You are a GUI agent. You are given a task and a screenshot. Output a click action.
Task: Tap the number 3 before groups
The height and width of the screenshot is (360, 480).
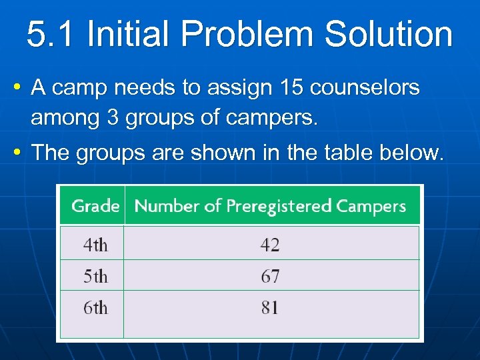tap(112, 119)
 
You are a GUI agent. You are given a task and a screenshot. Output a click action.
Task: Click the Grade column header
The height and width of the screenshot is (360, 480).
tap(95, 206)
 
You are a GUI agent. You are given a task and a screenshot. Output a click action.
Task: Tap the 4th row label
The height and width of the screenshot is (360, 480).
tap(95, 245)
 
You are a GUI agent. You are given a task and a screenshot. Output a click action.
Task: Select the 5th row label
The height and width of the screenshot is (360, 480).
tap(95, 276)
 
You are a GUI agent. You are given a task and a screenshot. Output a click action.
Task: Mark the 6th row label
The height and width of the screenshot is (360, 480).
tap(95, 307)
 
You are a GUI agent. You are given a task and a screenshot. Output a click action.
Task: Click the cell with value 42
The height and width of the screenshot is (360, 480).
tap(270, 245)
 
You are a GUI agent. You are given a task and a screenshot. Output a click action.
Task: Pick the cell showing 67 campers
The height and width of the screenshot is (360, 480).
tap(270, 276)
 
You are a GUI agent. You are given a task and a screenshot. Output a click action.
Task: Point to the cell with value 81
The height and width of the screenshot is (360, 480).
tap(270, 307)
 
